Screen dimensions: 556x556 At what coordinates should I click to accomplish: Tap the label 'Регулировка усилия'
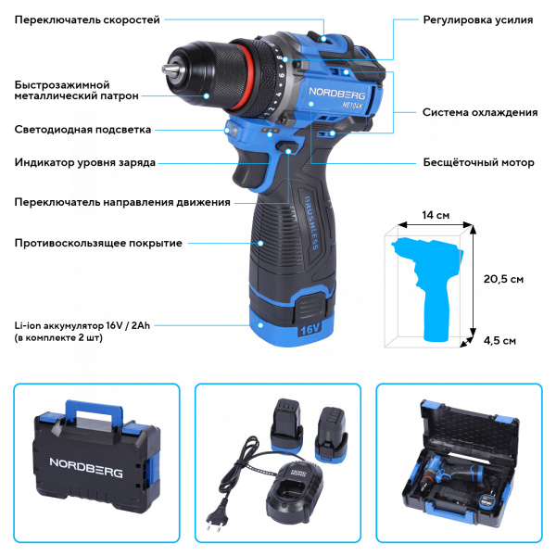click(477, 19)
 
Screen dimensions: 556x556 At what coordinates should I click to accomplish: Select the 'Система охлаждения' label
click(480, 112)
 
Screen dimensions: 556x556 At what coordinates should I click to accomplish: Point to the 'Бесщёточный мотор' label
click(478, 163)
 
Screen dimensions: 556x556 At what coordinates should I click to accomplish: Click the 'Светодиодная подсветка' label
click(82, 130)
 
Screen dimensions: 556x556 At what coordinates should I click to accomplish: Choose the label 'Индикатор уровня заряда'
click(84, 163)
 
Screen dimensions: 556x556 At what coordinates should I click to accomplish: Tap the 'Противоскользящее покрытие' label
click(97, 243)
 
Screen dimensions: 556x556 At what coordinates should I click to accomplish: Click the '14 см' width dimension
click(436, 215)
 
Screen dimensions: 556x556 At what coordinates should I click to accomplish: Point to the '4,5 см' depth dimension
click(502, 340)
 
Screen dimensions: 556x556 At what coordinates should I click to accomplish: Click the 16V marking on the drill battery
click(309, 327)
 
